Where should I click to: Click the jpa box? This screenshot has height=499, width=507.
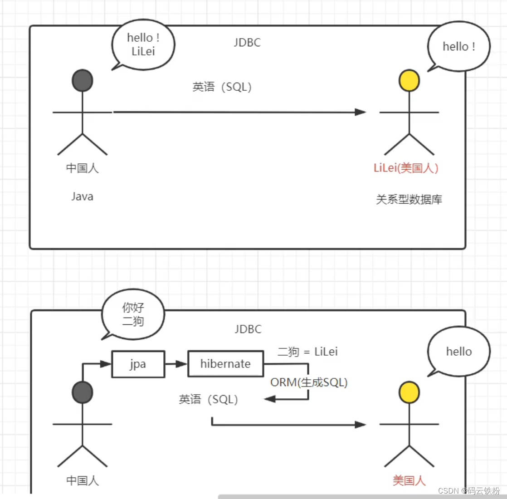tap(138, 364)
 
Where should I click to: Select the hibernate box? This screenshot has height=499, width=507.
tap(225, 364)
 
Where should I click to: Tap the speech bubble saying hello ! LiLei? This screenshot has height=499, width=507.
tap(143, 44)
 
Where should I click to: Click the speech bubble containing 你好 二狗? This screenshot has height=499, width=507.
tap(133, 314)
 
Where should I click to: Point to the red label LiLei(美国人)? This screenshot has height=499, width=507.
tap(406, 168)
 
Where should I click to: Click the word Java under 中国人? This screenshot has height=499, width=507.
tap(82, 196)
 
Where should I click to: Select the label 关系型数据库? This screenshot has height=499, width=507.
tap(409, 200)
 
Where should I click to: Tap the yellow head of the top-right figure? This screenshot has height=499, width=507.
tap(409, 81)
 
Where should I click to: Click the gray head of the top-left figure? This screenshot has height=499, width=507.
tap(83, 81)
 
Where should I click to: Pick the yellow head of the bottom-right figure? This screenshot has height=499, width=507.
tap(409, 392)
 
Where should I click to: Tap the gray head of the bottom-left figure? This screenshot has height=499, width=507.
tap(83, 392)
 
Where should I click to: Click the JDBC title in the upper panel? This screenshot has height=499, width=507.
tap(247, 43)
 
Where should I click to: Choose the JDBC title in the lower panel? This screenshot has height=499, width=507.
tap(248, 329)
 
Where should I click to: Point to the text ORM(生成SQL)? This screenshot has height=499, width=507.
tap(309, 382)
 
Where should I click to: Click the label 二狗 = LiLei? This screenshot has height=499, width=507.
tap(307, 352)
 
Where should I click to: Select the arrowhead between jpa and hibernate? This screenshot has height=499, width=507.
tap(181, 364)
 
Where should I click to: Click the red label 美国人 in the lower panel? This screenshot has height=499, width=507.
tap(409, 480)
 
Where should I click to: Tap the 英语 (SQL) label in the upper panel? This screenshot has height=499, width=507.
tap(222, 87)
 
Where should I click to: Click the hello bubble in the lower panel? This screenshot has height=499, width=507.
tap(458, 352)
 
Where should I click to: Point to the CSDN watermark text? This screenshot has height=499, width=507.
tap(469, 490)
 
